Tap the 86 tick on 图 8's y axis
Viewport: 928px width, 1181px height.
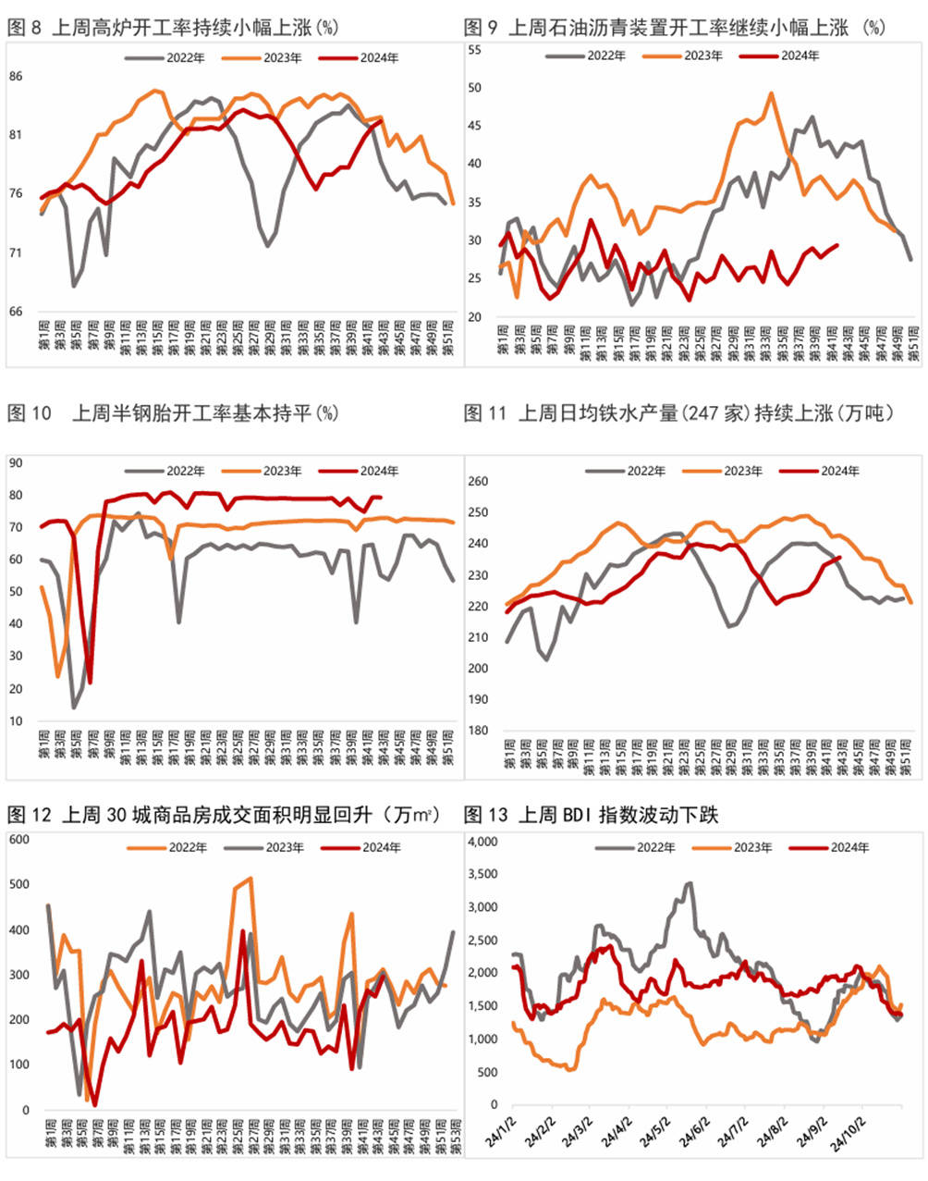pos(16,76)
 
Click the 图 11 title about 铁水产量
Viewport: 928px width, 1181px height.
pos(678,413)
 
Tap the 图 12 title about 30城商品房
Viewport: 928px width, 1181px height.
pos(222,815)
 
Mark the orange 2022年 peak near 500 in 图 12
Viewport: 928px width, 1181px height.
pos(250,879)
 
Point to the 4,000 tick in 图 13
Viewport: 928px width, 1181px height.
pos(482,842)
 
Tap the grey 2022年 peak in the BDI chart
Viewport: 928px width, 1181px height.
pos(689,883)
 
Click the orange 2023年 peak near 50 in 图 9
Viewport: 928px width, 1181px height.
pos(771,93)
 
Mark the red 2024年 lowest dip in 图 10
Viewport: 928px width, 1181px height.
pos(90,683)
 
